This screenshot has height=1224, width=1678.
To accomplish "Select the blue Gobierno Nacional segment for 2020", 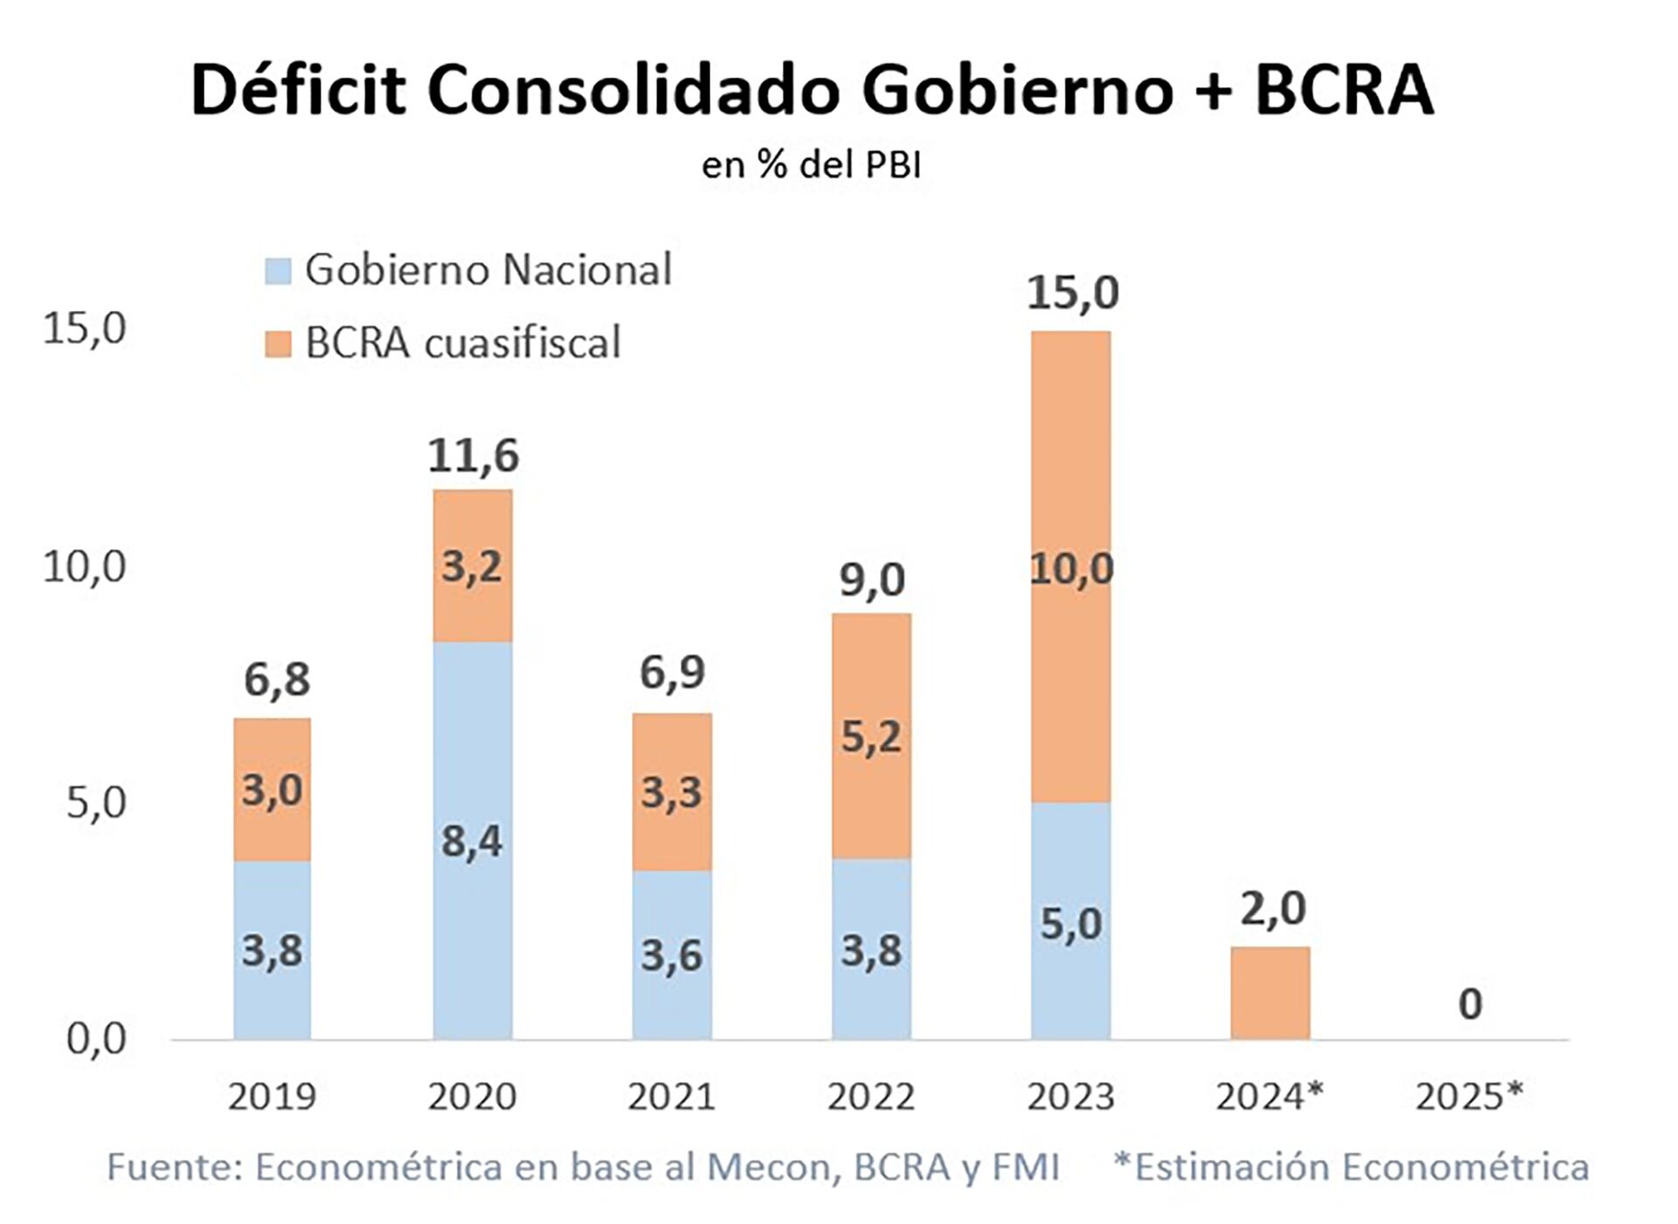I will [473, 944].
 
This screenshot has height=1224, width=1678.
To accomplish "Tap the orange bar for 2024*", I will [1270, 993].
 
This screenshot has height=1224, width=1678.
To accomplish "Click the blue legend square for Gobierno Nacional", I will [277, 270].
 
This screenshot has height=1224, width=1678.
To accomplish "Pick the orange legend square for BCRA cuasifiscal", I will [277, 344].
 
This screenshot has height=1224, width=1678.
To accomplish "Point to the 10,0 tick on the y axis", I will [85, 567].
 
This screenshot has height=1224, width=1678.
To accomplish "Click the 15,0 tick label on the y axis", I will [85, 329].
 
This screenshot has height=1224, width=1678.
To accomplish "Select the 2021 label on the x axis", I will [671, 1096].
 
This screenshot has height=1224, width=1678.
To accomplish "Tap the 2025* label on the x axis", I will [1469, 1095].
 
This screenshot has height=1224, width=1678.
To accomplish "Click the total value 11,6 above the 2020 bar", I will [473, 456].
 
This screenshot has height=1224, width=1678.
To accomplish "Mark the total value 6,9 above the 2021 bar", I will [672, 672].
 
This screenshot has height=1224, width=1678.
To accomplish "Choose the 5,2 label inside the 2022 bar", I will [871, 737].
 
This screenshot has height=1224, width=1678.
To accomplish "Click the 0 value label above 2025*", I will [1470, 1004].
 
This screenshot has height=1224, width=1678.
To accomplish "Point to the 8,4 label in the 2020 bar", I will [472, 841].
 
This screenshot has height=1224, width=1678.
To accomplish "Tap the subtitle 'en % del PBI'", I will [811, 164].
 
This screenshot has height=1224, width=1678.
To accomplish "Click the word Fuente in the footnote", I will [173, 1167].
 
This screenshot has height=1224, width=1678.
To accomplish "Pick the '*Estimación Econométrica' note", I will [1351, 1167].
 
